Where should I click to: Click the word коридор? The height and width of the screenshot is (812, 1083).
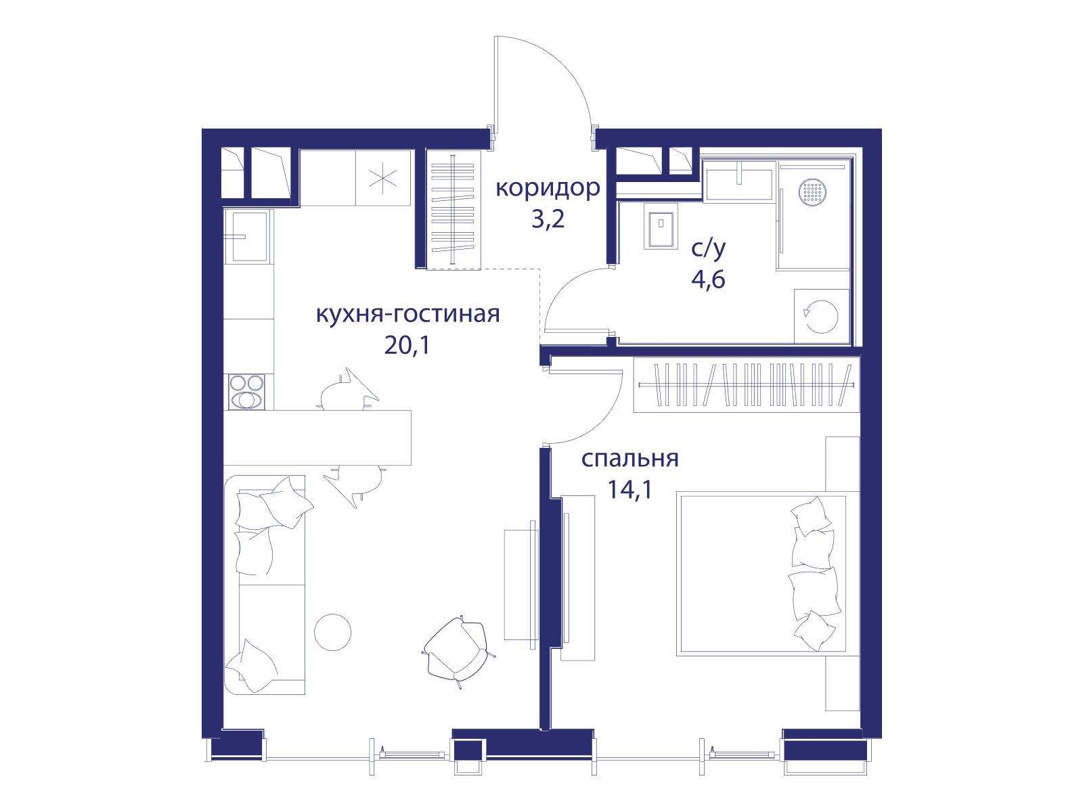click(x=548, y=188)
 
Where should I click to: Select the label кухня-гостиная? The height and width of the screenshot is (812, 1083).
click(x=407, y=314)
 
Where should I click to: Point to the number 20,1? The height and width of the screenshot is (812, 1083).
click(x=407, y=346)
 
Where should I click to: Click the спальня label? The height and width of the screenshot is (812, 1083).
click(x=630, y=459)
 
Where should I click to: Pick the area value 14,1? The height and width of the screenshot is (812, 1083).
click(x=630, y=490)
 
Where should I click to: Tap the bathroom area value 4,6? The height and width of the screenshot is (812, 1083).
click(x=709, y=280)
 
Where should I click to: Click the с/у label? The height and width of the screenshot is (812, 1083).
click(x=709, y=250)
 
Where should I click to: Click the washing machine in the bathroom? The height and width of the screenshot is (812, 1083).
click(x=822, y=316)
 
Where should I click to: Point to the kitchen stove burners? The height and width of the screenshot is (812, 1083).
click(x=246, y=392)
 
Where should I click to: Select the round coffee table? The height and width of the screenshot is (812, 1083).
click(x=332, y=632)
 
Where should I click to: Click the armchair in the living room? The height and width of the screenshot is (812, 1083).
click(x=456, y=651)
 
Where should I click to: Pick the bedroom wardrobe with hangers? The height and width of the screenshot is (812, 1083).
click(x=746, y=384)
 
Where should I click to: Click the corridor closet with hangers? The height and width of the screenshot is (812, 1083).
click(x=454, y=209)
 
